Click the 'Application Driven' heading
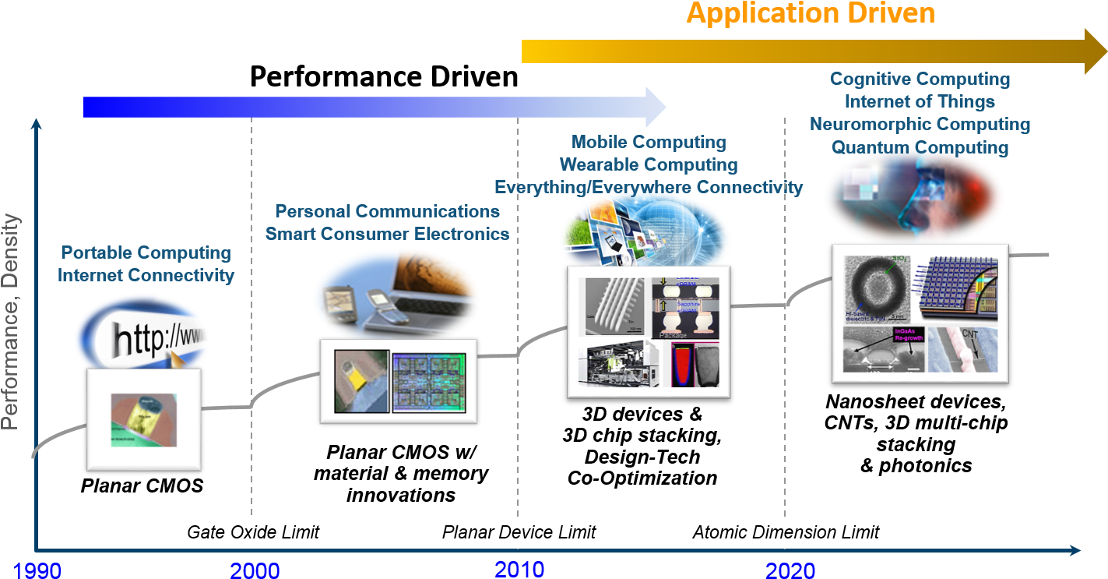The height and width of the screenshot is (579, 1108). [x=811, y=13]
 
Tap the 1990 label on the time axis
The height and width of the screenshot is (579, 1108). [x=37, y=571]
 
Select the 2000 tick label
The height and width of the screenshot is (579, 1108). [x=255, y=571]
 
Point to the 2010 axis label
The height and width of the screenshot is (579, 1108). [x=519, y=569]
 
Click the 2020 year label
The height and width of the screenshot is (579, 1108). [x=790, y=571]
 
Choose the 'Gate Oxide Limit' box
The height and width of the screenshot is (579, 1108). [x=253, y=532]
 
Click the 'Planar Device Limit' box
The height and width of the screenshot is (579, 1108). [x=519, y=532]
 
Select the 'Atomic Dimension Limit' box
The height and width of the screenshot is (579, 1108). [x=785, y=532]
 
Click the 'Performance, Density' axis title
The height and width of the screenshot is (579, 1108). [x=10, y=322]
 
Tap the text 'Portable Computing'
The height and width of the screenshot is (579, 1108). [x=146, y=253]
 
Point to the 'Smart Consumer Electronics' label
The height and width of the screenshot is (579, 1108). [x=387, y=234]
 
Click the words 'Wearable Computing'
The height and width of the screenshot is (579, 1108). [x=649, y=164]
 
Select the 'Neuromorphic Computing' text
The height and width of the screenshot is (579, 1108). [x=920, y=125]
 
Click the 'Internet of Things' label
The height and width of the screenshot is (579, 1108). [x=920, y=102]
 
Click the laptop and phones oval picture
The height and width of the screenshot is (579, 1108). [x=396, y=293]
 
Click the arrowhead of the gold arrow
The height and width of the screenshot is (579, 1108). [x=1095, y=51]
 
